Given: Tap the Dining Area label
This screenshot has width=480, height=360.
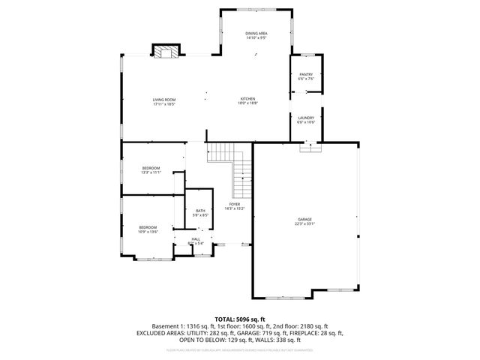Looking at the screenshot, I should (x=256, y=34).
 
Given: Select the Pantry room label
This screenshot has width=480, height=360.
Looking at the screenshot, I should (x=306, y=74).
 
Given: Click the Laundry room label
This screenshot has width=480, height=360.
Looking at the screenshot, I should (x=305, y=117).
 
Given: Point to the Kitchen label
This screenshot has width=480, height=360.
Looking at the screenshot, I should (x=247, y=99).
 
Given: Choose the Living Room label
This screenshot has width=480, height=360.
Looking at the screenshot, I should (x=163, y=99).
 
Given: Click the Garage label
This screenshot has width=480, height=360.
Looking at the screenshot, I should (x=304, y=219).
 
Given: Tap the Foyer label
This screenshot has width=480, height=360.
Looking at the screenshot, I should (x=235, y=203).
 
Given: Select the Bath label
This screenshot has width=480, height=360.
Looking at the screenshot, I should (x=200, y=211).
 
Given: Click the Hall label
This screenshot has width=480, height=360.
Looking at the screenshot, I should (x=195, y=238).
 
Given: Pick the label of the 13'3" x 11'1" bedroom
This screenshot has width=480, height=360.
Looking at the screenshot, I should (x=151, y=167).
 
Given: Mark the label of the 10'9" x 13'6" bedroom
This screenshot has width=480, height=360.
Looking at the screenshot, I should (x=147, y=227).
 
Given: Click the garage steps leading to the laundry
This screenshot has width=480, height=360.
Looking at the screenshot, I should (x=309, y=147).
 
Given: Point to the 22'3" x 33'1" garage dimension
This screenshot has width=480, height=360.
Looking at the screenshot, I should (x=304, y=224).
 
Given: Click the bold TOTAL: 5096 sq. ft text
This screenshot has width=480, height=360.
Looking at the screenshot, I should (x=240, y=319).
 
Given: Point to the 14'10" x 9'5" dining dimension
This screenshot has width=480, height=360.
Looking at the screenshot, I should (x=256, y=38).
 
